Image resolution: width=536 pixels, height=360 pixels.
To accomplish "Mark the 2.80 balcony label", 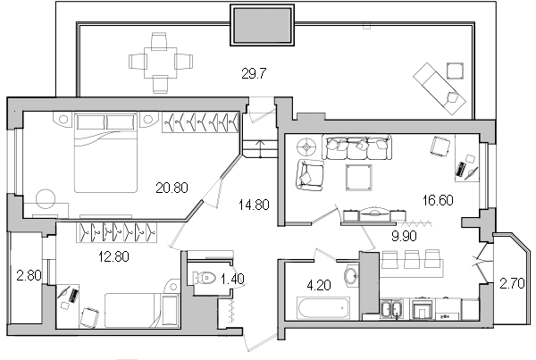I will coord(28,275).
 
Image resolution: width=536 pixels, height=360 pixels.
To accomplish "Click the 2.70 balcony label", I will coord(512,284).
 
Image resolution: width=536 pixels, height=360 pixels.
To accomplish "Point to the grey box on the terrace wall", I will coord(264,24).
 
